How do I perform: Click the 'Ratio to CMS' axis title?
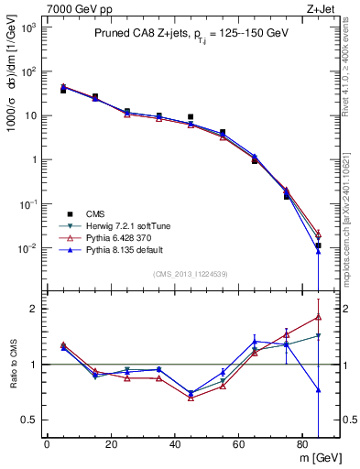click(x=12, y=365)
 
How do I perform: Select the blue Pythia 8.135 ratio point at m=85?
click(x=318, y=390)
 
